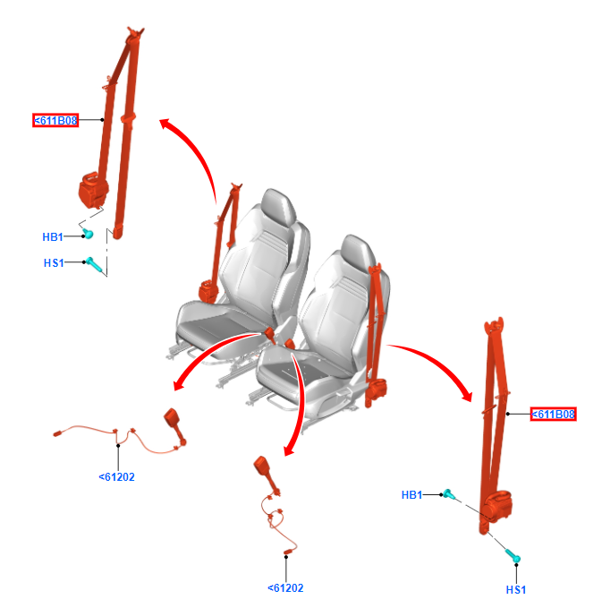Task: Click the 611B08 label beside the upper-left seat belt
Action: (x=55, y=120)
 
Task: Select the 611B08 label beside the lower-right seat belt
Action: (x=553, y=414)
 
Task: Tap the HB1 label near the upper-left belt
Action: (x=53, y=237)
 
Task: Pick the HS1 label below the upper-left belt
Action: (x=54, y=263)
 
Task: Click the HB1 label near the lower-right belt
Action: (x=411, y=495)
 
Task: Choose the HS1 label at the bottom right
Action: (x=516, y=590)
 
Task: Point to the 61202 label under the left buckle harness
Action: (x=116, y=477)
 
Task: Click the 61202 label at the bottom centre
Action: (x=285, y=588)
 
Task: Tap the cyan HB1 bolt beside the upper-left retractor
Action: (x=89, y=234)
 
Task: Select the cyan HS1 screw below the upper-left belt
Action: (x=94, y=264)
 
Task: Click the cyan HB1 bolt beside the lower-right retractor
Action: (x=449, y=494)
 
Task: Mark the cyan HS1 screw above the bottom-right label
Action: (x=513, y=556)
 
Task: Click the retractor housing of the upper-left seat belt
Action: (x=93, y=190)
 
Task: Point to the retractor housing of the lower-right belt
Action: (x=498, y=505)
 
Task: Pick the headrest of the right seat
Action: (x=358, y=250)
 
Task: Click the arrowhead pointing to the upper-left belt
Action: (x=166, y=124)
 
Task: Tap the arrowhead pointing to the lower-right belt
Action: (x=466, y=395)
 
